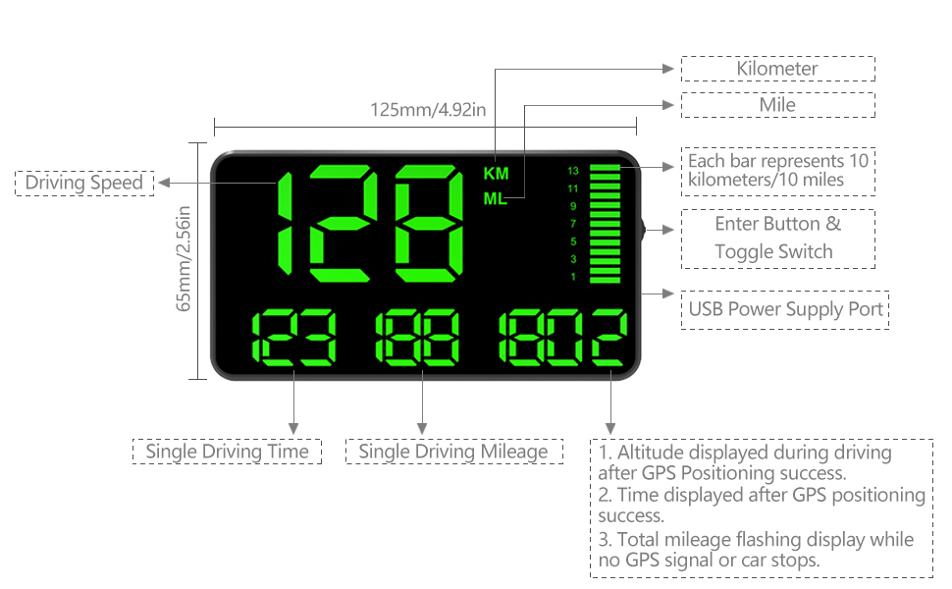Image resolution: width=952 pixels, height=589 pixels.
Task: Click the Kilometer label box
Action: pos(777,69)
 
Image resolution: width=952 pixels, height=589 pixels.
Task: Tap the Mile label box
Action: pos(777,105)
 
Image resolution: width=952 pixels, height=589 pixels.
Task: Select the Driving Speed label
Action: pos(84,183)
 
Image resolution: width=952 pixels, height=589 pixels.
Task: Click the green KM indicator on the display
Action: pos(497,174)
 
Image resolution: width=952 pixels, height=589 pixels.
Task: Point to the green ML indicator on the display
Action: pos(497,199)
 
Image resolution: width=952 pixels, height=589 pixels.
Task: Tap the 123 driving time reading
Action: pos(294,338)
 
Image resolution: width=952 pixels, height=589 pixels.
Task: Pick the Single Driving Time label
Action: pos(227,452)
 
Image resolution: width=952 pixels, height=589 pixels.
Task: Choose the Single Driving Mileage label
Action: pos(453,452)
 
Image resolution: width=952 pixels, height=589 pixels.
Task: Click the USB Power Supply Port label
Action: pos(785,310)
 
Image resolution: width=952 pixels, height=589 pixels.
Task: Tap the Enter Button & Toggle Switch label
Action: pos(777,238)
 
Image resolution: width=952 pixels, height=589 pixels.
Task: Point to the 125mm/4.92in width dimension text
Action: pos(427,109)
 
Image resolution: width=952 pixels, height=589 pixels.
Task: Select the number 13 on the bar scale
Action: pos(573,171)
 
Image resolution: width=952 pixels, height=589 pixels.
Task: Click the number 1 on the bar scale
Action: pos(573,277)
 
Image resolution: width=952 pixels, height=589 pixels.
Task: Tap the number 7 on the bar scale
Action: pos(573,224)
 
